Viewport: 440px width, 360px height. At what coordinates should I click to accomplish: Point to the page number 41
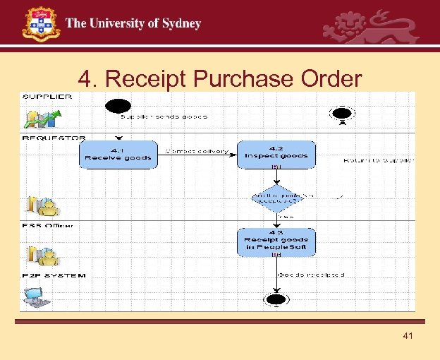point(408,336)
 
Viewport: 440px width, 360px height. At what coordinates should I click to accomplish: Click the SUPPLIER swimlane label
point(47,97)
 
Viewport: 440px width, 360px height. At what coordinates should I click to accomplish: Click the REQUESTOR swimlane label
point(51,138)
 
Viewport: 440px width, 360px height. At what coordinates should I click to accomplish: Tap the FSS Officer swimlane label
point(48,225)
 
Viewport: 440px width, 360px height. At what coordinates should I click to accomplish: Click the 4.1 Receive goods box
point(118,154)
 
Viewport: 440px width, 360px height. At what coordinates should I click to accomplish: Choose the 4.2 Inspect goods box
point(276,155)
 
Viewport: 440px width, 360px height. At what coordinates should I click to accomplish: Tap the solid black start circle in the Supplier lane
point(116,107)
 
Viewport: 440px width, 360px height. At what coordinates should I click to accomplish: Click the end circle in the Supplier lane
point(342,113)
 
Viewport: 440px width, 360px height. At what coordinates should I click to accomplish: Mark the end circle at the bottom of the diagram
point(274,299)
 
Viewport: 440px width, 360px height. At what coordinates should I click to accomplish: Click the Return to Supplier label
point(378,160)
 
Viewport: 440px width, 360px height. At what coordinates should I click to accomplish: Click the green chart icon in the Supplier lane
point(38,118)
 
